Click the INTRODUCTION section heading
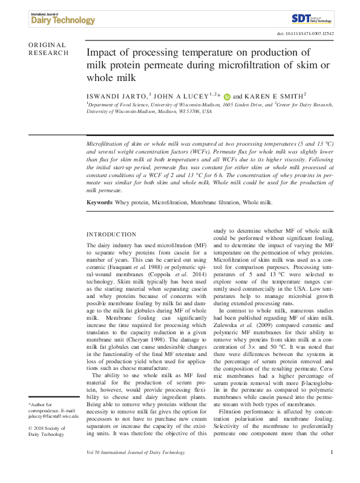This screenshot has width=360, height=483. point(112,234)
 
